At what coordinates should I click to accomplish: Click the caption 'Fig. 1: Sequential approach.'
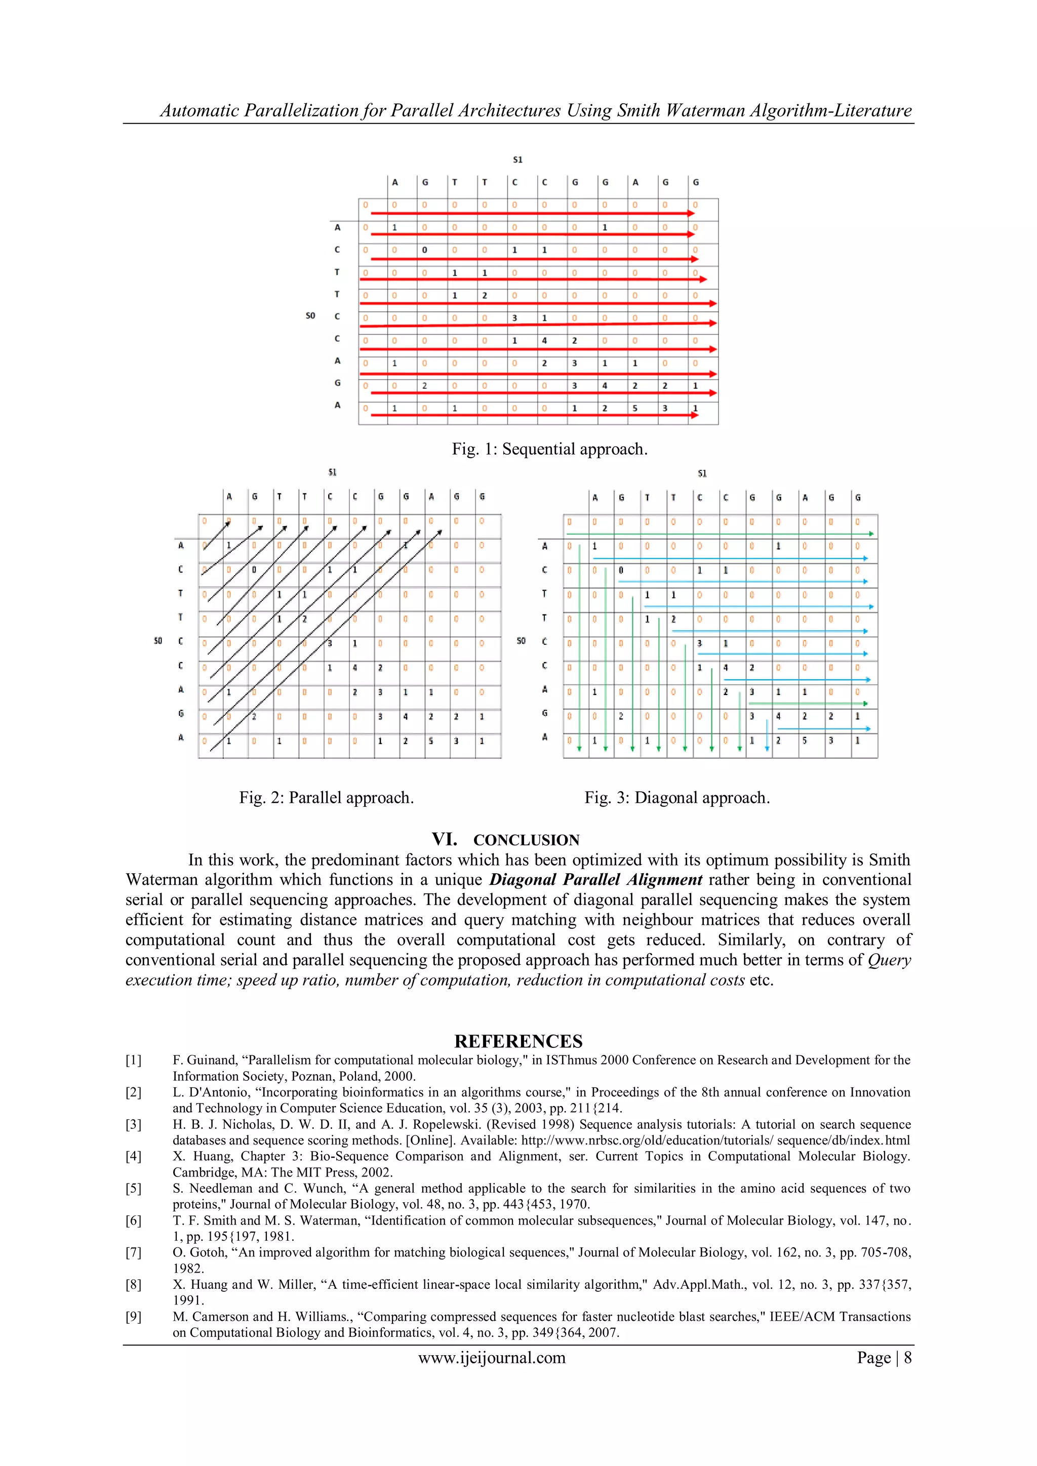549,449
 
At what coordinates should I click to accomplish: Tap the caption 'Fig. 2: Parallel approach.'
326,797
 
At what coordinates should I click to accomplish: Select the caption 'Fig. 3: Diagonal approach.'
677,797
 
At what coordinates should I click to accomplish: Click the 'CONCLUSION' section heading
526,840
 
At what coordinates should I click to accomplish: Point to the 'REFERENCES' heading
518,1041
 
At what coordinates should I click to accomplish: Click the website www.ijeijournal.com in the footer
492,1358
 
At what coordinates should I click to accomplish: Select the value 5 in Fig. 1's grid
635,408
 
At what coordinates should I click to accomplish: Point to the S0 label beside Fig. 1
310,315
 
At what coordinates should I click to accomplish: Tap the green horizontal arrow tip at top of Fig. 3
871,534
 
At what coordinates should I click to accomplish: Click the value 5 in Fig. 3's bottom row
804,741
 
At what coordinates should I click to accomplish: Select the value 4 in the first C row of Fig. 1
544,340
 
